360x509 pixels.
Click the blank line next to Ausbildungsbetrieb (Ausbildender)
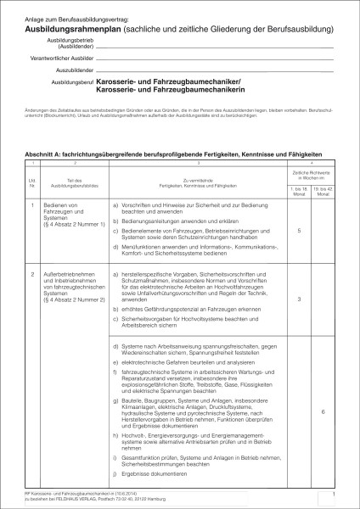pos(212,47)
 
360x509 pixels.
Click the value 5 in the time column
pos(300,232)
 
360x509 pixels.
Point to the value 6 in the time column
pos(324,411)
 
